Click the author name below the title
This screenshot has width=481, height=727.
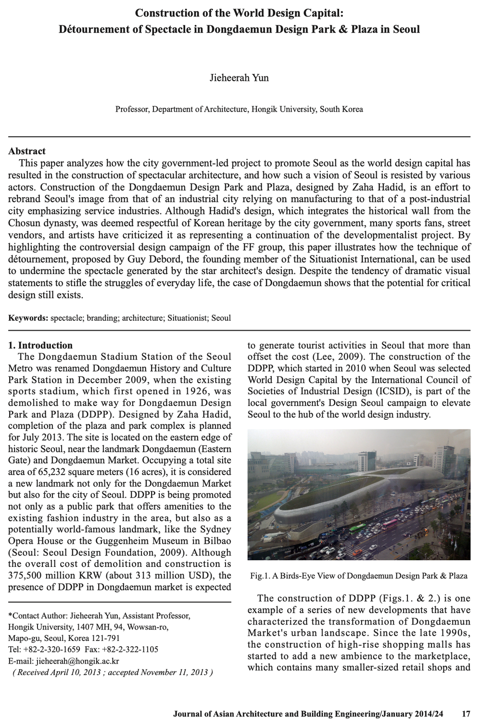tap(239, 78)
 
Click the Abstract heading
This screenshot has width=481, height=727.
tap(27, 151)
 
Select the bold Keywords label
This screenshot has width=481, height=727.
tap(28, 318)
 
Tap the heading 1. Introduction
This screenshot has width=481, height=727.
tap(40, 345)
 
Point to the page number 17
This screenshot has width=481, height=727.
tap(466, 714)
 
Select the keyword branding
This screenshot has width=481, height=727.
tap(102, 318)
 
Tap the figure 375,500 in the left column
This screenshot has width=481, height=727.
tap(27, 576)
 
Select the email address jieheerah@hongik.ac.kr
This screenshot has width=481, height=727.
tap(77, 661)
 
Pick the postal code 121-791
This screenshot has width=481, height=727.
tap(105, 639)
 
